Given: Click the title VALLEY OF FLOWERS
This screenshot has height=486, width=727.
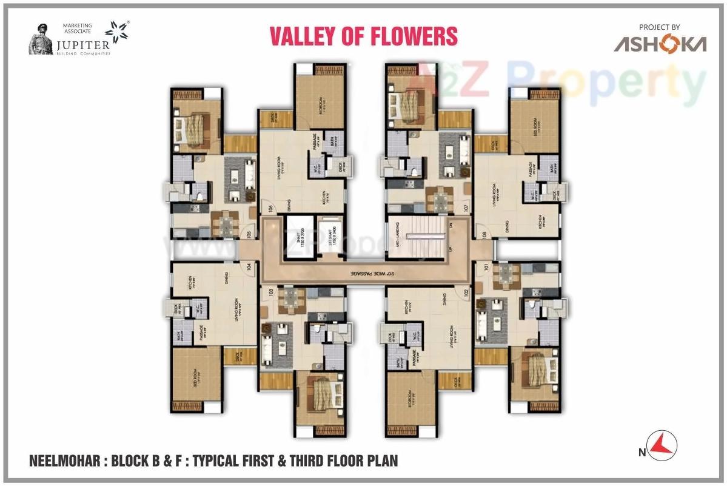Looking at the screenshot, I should pos(363,36).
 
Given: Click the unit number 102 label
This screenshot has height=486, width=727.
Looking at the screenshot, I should pos(466,292).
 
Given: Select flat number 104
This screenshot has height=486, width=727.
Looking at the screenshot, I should pos(249,266).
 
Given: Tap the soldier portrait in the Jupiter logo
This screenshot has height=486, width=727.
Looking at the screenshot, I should pos(40,39).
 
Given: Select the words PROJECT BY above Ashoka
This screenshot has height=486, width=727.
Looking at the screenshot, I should pos(659,27).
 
